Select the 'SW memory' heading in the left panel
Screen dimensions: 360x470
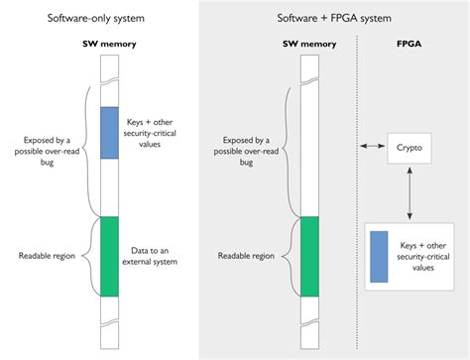click(109, 44)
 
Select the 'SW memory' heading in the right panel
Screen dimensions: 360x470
click(309, 44)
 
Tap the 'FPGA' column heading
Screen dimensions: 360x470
click(408, 44)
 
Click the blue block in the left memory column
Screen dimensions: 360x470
click(109, 132)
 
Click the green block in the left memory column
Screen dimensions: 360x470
click(109, 255)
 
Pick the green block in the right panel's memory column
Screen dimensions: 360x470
click(309, 255)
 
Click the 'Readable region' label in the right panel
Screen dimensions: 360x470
click(248, 255)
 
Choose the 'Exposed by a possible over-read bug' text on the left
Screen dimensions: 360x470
click(46, 146)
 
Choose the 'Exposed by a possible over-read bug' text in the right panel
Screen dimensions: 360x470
click(247, 146)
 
